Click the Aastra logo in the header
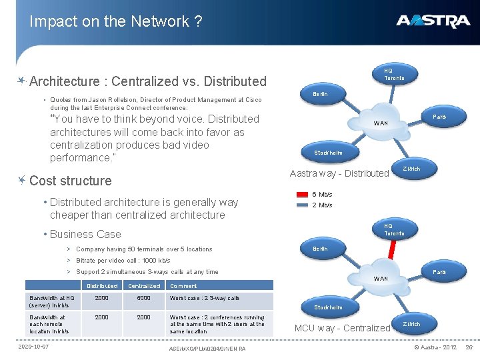433,21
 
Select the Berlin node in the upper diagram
320,94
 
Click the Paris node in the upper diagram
439,117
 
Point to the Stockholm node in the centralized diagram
328,307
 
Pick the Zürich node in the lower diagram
411,324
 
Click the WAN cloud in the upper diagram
381,123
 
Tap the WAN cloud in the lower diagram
381,278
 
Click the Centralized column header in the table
144,285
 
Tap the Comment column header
183,285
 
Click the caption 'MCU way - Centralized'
342,328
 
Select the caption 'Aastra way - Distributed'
339,173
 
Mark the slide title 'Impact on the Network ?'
115,21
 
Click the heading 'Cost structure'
71,181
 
